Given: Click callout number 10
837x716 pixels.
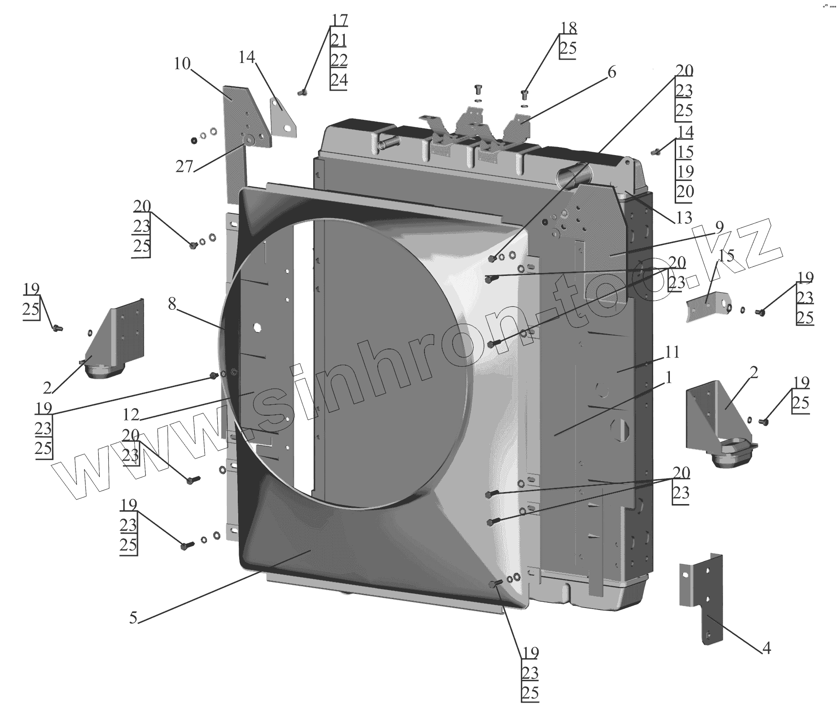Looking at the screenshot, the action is [182, 64].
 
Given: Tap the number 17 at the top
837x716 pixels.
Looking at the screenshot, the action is [339, 21].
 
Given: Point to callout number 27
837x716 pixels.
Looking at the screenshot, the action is [184, 167].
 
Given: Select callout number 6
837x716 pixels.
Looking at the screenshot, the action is [611, 73].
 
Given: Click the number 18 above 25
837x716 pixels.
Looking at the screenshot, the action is [568, 28].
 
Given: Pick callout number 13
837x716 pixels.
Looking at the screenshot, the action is [684, 218].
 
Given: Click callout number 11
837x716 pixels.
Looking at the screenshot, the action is [672, 352].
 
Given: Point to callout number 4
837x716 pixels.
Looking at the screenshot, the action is [766, 648].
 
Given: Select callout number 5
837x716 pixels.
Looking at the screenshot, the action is [134, 618].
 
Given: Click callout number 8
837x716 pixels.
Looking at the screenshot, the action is [172, 304].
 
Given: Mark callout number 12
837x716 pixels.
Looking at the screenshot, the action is [130, 415].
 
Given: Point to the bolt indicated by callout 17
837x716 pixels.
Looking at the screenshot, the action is [302, 92].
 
